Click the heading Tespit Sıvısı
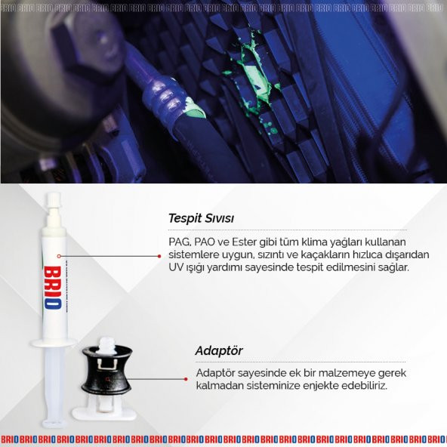(201, 219)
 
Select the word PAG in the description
(179, 241)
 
